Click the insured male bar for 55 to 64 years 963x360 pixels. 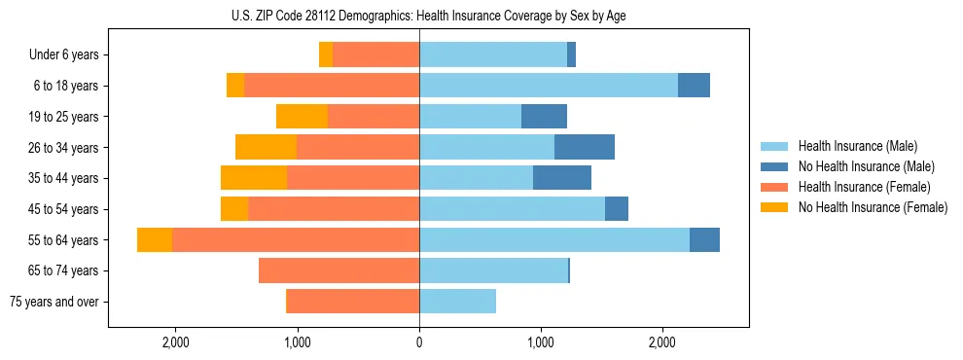(554, 239)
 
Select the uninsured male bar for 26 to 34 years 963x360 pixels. (585, 147)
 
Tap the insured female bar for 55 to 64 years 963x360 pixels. (296, 239)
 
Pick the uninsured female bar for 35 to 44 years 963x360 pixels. (254, 178)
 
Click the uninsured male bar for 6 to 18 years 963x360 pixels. (694, 86)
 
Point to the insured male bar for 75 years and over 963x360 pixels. (457, 302)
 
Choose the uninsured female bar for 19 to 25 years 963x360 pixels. (302, 117)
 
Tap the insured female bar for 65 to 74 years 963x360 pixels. (339, 270)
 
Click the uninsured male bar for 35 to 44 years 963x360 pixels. (562, 178)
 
